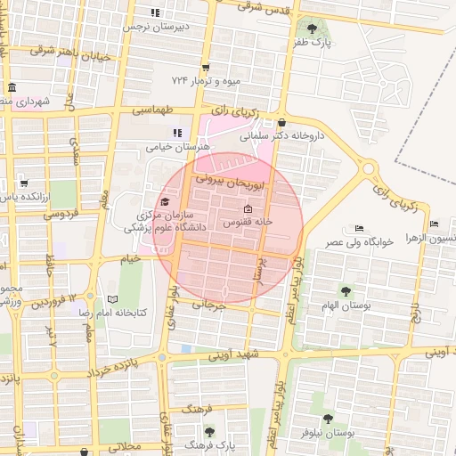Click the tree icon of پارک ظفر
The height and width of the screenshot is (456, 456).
pos(311,29)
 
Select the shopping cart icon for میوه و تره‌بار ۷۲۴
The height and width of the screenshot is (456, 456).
pos(206,67)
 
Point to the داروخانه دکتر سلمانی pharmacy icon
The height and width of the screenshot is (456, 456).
pos(282,123)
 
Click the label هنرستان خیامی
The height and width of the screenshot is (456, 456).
pos(179,145)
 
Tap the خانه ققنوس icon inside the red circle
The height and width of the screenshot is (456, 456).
pos(248,208)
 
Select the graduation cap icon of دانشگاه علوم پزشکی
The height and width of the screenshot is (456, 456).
pos(165,200)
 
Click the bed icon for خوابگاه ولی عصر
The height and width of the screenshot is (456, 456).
pos(359,228)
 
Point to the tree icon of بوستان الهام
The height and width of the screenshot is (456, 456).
pos(345,290)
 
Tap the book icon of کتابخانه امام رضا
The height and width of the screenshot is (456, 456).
pos(112,300)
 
